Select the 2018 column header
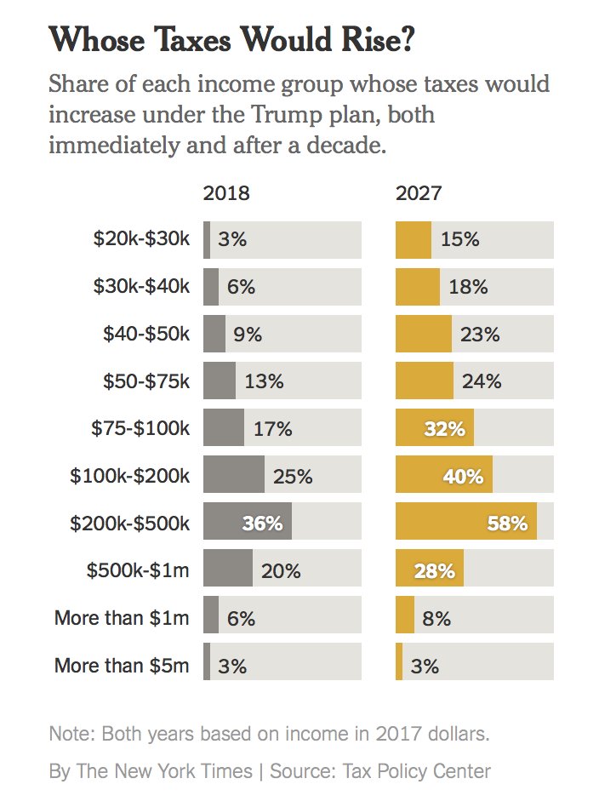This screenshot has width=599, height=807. tap(226, 193)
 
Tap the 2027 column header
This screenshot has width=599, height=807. tap(419, 193)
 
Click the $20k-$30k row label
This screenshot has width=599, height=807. tap(141, 239)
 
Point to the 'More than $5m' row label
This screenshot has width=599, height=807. tap(122, 665)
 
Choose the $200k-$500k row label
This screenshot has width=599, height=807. tap(129, 524)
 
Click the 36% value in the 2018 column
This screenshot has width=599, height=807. tap(262, 524)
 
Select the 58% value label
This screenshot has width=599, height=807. tap(507, 524)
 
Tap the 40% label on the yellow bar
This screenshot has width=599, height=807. tap(463, 477)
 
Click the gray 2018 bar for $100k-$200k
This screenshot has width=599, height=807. tap(234, 476)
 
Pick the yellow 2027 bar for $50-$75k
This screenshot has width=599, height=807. tap(424, 381)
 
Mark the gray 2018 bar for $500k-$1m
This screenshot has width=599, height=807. tap(228, 570)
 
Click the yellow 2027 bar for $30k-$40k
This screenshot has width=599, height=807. tap(417, 287)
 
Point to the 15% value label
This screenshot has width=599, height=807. tap(460, 239)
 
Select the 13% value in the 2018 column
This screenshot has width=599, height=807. tap(264, 381)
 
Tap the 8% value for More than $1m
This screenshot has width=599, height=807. tap(436, 618)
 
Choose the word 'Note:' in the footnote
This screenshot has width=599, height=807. tap(71, 735)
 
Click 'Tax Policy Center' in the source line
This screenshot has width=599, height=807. tap(416, 771)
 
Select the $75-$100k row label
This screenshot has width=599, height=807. tap(140, 428)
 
